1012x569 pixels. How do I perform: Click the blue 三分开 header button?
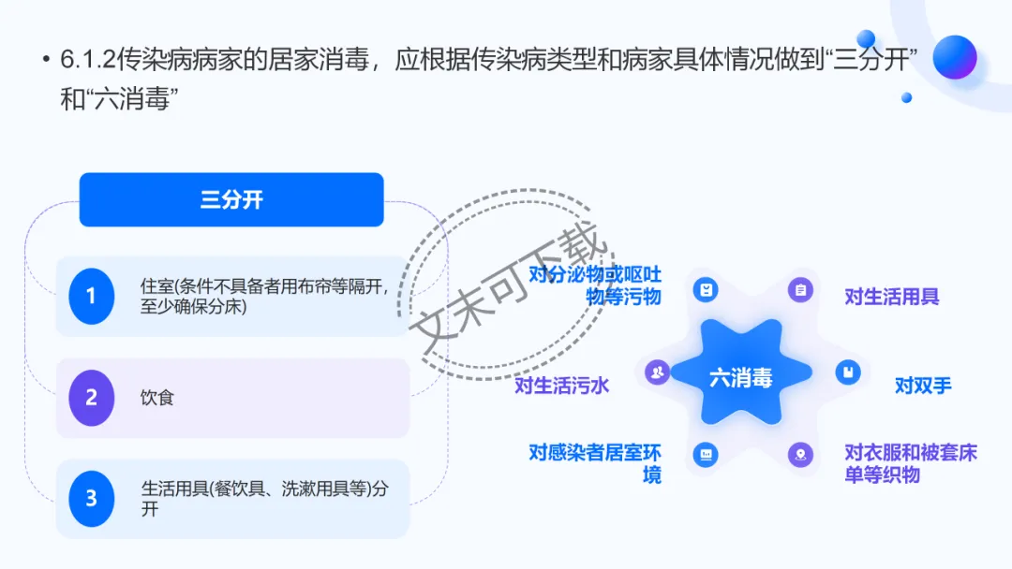(231, 199)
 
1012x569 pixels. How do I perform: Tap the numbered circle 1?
(91, 296)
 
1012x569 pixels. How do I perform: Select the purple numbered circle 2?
(91, 398)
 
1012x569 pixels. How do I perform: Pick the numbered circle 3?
(91, 499)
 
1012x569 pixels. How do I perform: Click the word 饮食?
(157, 398)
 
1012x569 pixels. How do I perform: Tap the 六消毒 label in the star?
(740, 378)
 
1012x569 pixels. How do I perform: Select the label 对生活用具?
(891, 297)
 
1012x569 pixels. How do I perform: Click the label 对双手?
(923, 386)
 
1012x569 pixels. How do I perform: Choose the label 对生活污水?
(562, 386)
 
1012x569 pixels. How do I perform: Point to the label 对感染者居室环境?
(595, 463)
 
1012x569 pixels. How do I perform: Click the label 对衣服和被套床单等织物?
(910, 463)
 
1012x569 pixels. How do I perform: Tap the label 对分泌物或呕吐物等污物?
(595, 285)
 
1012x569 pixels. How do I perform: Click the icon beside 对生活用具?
(800, 290)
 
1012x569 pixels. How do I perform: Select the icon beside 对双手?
(848, 372)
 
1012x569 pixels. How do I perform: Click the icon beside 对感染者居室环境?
(706, 456)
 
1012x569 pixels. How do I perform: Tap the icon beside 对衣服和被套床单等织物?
(800, 456)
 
